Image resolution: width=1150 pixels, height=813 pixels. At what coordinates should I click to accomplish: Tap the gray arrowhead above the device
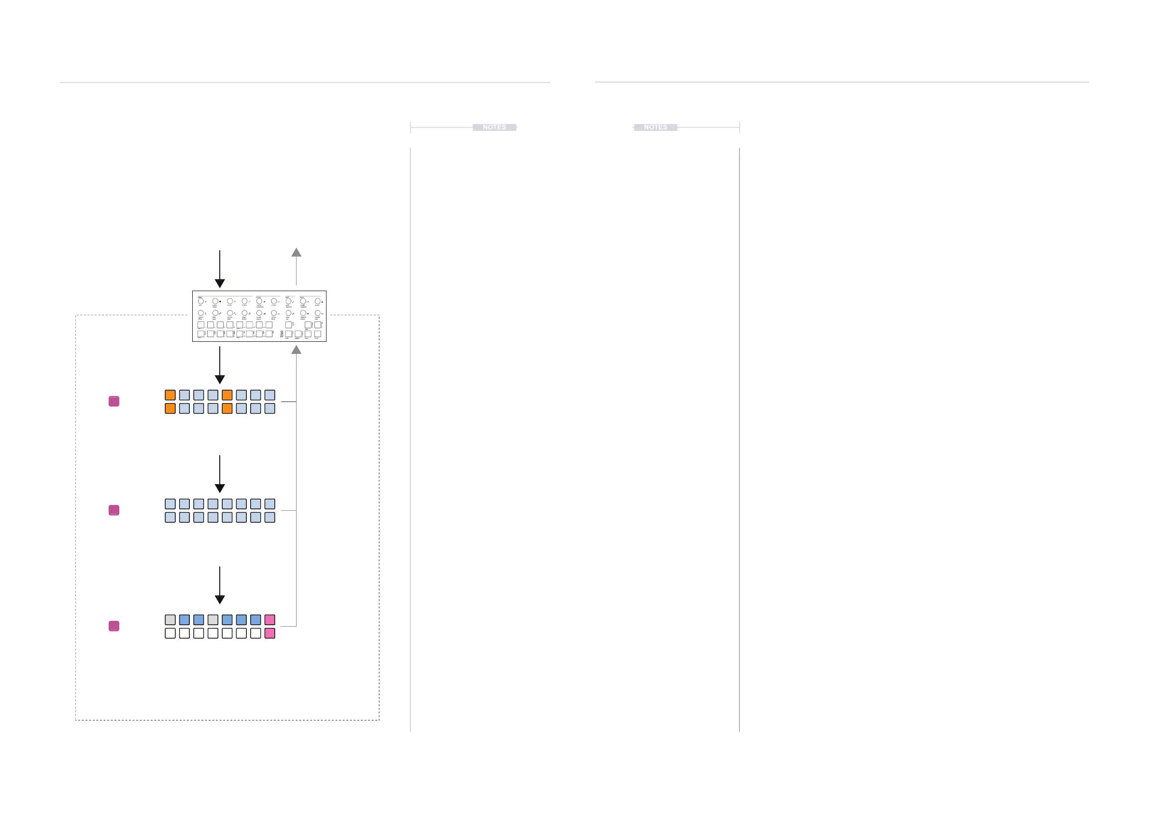(x=297, y=252)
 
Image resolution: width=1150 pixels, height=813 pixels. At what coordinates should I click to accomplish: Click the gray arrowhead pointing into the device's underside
(x=297, y=350)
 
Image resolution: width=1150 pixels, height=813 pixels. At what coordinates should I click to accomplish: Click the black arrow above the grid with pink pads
(x=219, y=585)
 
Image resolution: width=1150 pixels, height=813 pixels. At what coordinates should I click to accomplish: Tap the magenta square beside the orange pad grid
(x=114, y=402)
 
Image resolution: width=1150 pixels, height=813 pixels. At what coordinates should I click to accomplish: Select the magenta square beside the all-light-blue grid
(x=114, y=510)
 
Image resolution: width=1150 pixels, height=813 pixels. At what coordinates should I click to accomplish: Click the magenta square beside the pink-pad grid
(x=114, y=626)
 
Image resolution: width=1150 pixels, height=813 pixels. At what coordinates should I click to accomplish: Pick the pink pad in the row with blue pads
(x=270, y=620)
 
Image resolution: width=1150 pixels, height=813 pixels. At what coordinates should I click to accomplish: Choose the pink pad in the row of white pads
(x=270, y=633)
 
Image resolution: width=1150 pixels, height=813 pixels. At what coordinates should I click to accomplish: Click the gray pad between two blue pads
(x=213, y=620)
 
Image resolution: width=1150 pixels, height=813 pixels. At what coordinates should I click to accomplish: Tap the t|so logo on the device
(x=282, y=334)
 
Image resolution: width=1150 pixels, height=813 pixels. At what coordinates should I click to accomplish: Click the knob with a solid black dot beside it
(x=215, y=301)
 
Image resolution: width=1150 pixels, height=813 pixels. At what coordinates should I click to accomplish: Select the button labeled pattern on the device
(x=298, y=334)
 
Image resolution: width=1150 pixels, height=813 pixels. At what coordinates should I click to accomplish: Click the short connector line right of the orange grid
(x=288, y=402)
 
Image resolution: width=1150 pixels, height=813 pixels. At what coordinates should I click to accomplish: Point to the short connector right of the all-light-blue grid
(x=288, y=511)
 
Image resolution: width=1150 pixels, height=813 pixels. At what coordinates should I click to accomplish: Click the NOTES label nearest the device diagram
(x=495, y=127)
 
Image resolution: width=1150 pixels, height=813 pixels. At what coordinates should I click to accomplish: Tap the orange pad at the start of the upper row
(x=170, y=395)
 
